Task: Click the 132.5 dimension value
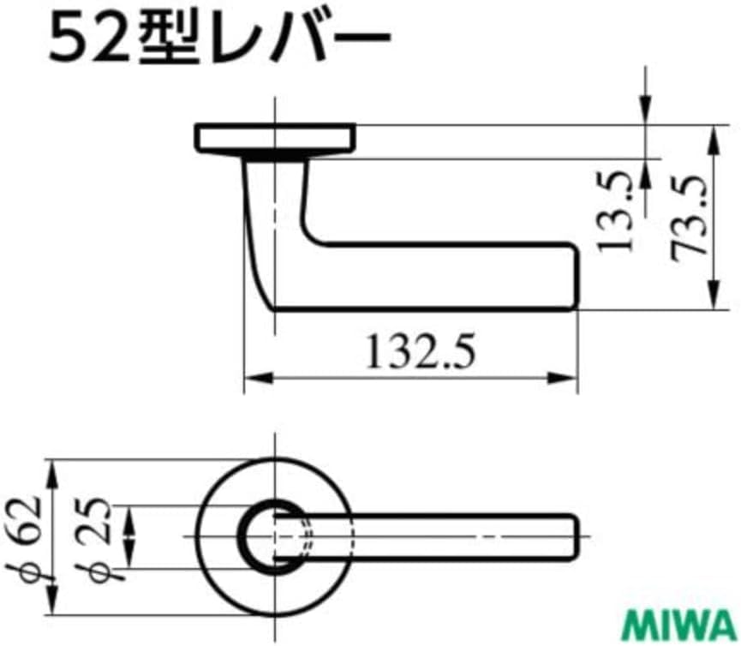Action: pyautogui.click(x=421, y=351)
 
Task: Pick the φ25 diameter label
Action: pyautogui.click(x=101, y=535)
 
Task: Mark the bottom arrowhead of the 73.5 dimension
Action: pyautogui.click(x=713, y=300)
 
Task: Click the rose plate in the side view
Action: pyautogui.click(x=275, y=138)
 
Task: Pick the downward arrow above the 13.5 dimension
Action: pyautogui.click(x=644, y=107)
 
